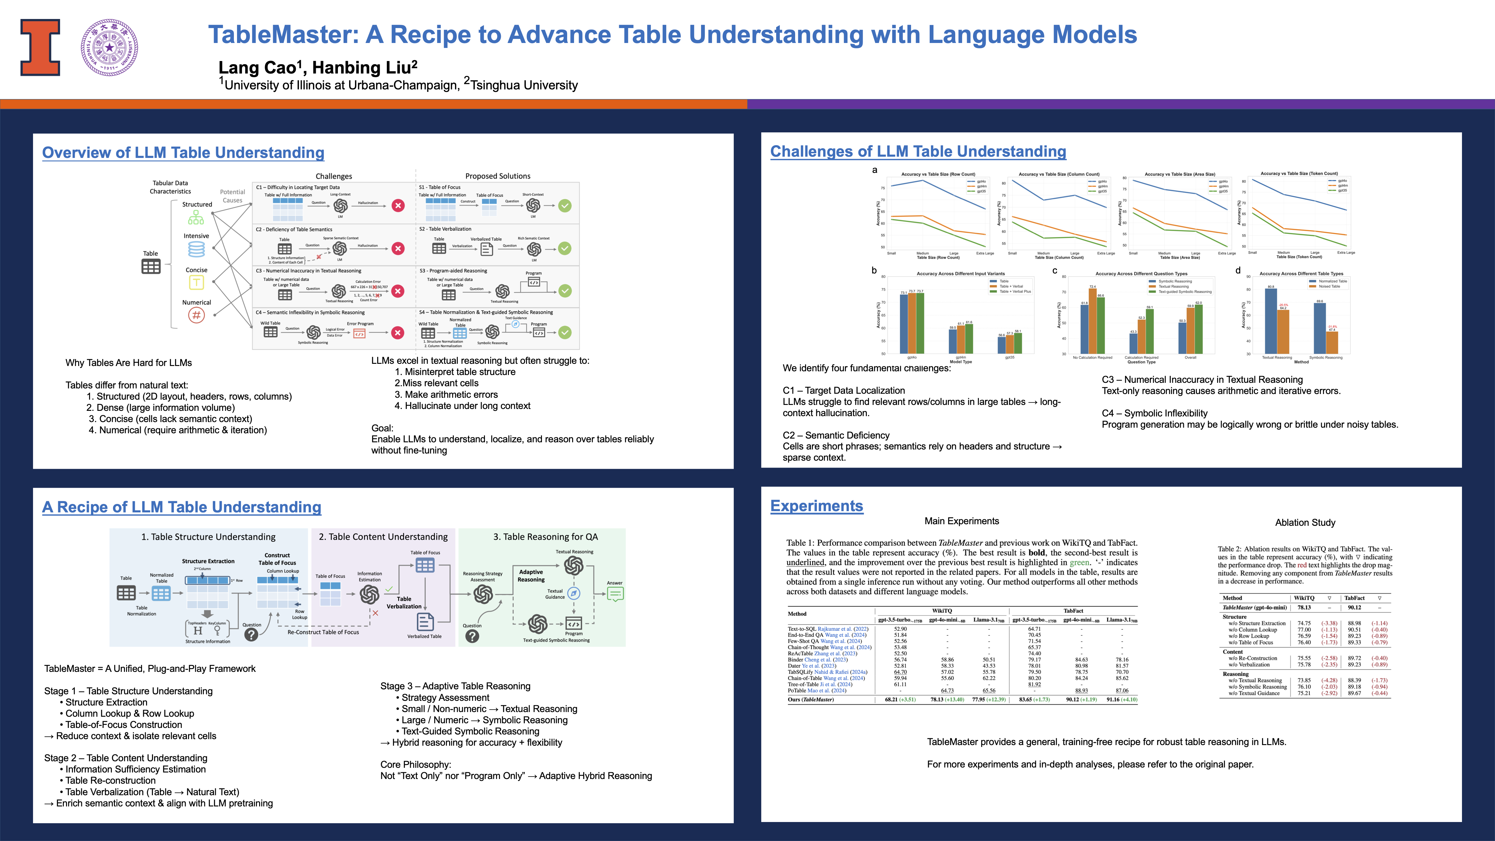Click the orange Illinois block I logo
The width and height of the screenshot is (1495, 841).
40,48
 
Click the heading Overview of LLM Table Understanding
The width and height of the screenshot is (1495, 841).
183,153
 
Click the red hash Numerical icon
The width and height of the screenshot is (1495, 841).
196,315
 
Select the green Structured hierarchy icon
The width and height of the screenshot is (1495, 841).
196,217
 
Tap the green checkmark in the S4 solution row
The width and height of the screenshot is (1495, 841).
565,333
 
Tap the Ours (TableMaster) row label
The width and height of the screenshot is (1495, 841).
810,699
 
